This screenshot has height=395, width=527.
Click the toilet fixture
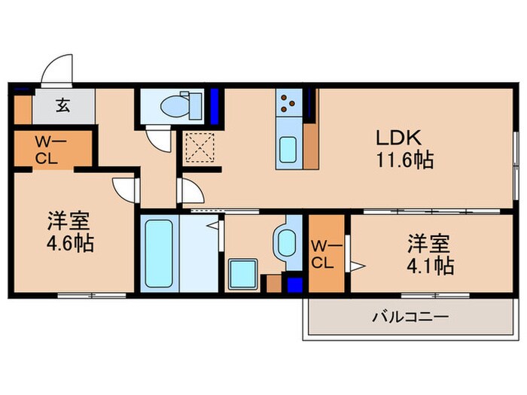pyautogui.click(x=178, y=106)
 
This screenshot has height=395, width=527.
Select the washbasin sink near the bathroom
pyautogui.click(x=287, y=243)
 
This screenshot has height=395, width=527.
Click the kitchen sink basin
pyautogui.click(x=288, y=149)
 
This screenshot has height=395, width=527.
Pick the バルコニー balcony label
pyautogui.click(x=410, y=318)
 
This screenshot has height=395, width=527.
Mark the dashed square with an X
pyautogui.click(x=199, y=147)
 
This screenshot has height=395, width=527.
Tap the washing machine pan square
pyautogui.click(x=243, y=272)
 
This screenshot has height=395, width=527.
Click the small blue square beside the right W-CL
pyautogui.click(x=295, y=285)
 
